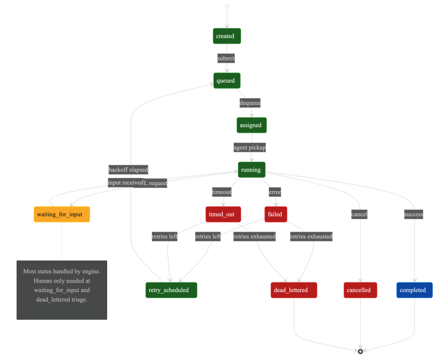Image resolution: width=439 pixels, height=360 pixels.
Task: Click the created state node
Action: (227, 36)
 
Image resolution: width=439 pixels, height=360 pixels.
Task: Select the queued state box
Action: (227, 80)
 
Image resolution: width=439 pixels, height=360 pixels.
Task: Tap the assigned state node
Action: (251, 125)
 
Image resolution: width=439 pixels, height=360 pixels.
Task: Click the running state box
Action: (251, 170)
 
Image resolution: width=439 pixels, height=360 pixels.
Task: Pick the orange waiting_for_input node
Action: (61, 214)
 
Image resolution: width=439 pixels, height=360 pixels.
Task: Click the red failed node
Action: (275, 214)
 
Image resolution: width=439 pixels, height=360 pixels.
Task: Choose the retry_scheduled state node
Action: (171, 290)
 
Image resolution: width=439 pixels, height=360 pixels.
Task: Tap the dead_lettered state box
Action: (293, 290)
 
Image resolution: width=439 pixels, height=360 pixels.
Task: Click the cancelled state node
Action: (360, 290)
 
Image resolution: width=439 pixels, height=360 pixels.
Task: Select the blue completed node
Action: (414, 290)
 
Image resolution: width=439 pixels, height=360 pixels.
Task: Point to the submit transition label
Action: (226, 58)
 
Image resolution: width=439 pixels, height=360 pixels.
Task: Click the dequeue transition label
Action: (250, 103)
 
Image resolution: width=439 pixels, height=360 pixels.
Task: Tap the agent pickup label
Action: (250, 147)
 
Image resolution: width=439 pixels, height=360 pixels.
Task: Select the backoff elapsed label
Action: (128, 170)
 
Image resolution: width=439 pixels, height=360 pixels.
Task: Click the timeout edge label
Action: (222, 192)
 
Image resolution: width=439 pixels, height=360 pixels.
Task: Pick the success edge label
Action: (413, 214)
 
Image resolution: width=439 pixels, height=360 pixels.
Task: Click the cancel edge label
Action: (359, 214)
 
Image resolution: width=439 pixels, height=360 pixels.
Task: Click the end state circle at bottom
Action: (360, 351)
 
